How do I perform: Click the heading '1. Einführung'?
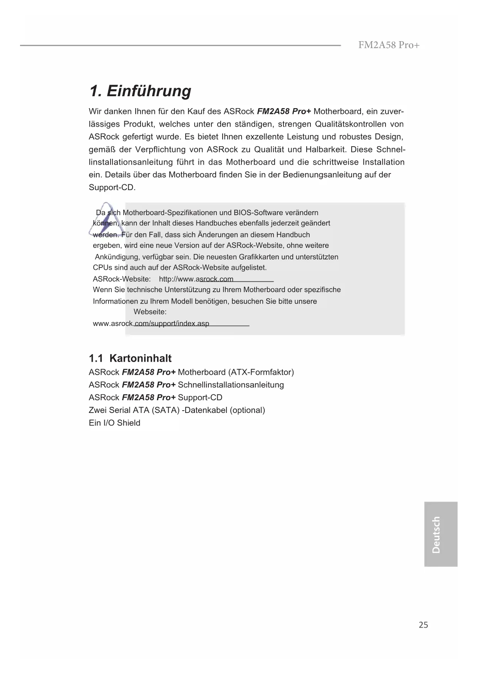coord(140,91)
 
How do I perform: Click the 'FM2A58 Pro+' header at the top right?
coord(389,45)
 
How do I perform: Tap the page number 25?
coord(423,625)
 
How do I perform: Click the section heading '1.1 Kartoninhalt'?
coord(130,358)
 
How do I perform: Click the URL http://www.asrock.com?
coord(196,279)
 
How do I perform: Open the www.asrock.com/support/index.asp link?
coord(151,324)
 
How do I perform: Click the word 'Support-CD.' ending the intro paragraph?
coord(112,187)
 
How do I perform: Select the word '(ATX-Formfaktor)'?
coord(261,372)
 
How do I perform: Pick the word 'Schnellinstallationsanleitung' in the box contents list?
coord(231,385)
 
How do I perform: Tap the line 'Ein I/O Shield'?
coord(114,423)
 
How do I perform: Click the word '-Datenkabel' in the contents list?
coord(205,410)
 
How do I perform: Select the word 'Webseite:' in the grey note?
coord(150,312)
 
